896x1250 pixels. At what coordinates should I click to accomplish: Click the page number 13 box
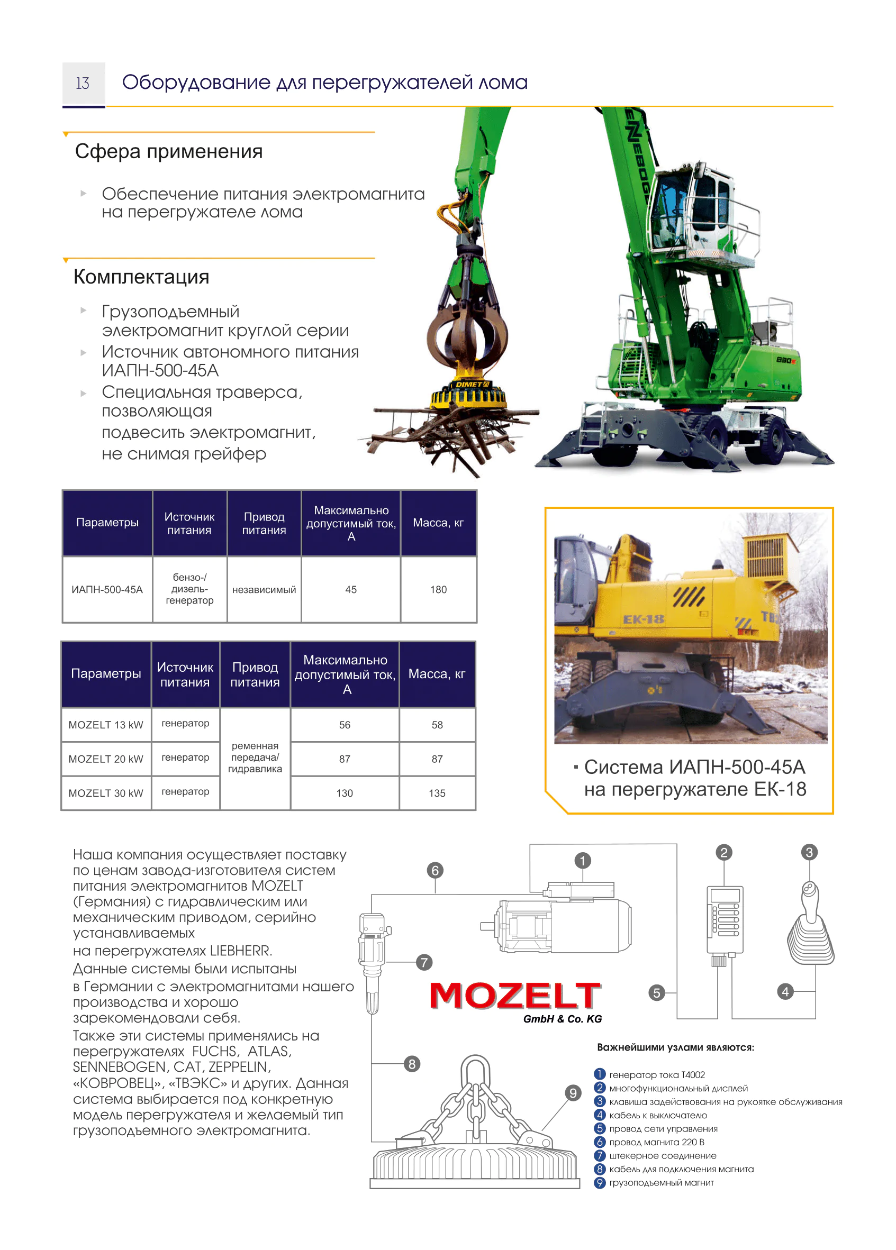click(83, 84)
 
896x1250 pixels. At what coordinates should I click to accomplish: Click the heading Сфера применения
click(169, 152)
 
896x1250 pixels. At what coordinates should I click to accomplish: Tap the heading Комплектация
click(141, 277)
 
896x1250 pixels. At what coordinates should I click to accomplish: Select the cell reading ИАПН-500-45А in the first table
click(107, 590)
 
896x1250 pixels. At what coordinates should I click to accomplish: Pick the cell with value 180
click(438, 590)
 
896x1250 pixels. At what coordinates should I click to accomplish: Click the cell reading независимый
click(264, 590)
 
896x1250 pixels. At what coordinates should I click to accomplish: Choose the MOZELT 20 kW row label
click(106, 759)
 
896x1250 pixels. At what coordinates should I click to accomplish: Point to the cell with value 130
click(345, 793)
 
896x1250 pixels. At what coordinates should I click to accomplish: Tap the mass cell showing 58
click(437, 725)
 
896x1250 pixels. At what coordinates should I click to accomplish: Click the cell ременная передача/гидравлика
click(255, 758)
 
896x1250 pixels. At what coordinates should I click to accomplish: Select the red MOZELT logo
click(514, 996)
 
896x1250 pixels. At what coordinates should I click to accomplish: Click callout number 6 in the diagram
click(435, 870)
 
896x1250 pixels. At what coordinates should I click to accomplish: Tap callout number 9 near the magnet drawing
click(573, 1093)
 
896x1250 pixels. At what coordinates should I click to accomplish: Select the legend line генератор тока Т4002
click(657, 1075)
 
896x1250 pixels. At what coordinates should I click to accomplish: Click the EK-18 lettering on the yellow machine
click(643, 619)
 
